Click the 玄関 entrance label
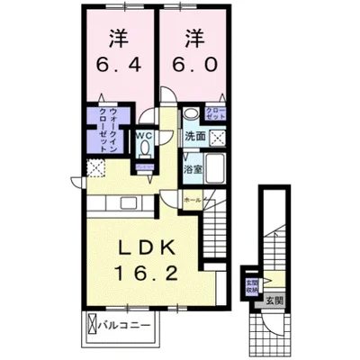point(274,301)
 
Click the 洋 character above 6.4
point(117,37)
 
